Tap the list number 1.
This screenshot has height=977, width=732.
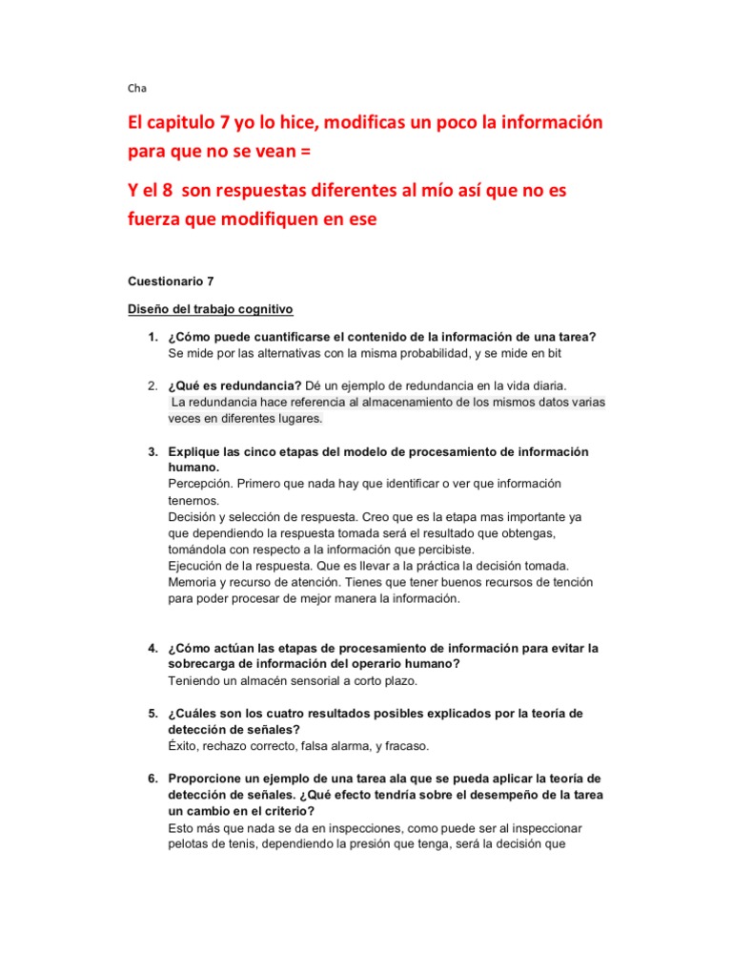pos(152,337)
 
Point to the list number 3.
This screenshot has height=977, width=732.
pos(152,450)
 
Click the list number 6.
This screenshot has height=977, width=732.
pos(152,779)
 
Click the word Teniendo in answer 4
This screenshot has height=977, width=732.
pos(195,680)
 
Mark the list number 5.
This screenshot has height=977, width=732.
pos(152,713)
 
